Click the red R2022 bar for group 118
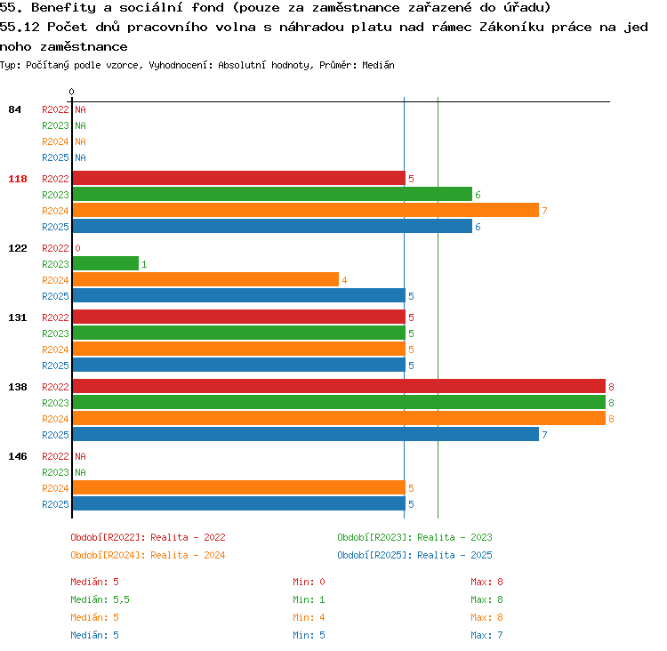pos(239,178)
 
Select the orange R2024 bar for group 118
pos(306,210)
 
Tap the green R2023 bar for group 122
pos(106,264)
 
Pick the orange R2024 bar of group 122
pos(206,279)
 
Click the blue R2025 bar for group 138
pos(306,434)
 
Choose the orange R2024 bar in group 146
pos(239,487)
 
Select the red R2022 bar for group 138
pos(339,386)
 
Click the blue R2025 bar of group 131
pos(239,365)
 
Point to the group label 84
pos(14,109)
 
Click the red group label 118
pos(18,179)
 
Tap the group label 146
pos(18,456)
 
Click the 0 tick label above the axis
pos(71,92)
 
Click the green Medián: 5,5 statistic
pos(100,599)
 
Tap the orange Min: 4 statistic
pos(309,617)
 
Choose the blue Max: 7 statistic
pos(486,635)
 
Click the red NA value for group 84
pos(80,109)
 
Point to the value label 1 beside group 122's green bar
pos(144,264)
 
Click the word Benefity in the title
pos(64,8)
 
